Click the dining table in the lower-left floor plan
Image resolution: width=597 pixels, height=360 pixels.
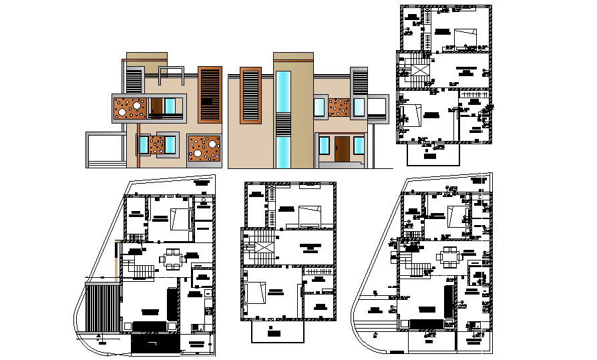coord(173,258)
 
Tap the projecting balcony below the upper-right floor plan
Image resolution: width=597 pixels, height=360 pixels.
coord(433,154)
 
